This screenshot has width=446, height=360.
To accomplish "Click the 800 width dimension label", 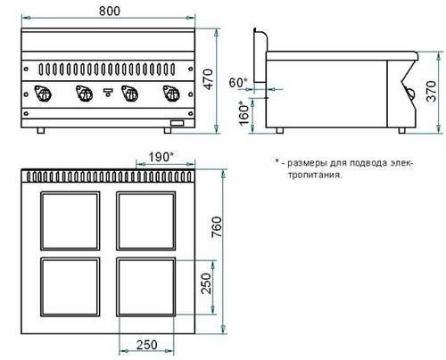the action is [110, 11].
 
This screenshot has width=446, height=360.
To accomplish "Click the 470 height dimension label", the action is [209, 79].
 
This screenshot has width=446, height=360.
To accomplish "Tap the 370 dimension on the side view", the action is [432, 92].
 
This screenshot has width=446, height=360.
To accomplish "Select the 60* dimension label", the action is [238, 83].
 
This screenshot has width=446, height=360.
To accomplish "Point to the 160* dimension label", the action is [244, 113].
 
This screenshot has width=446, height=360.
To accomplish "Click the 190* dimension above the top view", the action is [161, 157].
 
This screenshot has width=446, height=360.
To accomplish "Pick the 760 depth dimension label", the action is [217, 227].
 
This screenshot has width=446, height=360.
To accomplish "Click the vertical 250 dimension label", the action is [206, 283].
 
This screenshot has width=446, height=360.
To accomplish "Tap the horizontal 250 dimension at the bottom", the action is [147, 345].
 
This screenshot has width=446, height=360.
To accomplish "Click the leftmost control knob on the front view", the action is [43, 94].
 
